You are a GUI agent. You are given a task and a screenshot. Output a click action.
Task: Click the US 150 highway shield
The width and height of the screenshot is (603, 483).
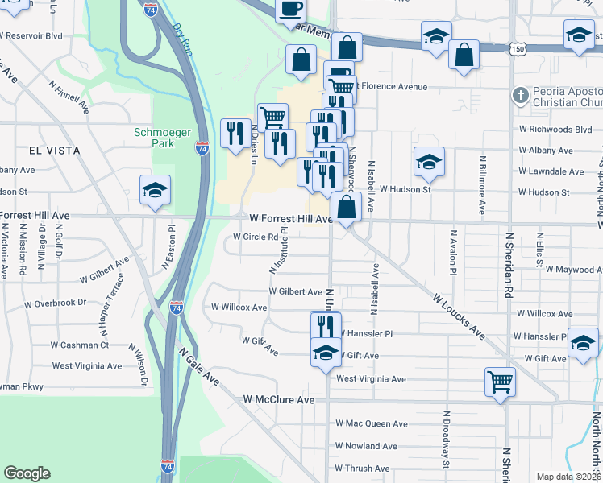click(x=518, y=50)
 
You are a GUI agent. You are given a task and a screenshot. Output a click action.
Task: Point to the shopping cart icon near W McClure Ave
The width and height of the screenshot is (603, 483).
click(x=500, y=382)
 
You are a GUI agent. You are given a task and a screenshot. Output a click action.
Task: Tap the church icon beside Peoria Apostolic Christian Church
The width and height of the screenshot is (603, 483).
click(x=521, y=96)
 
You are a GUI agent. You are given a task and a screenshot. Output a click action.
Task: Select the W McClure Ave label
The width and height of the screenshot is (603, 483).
click(x=279, y=399)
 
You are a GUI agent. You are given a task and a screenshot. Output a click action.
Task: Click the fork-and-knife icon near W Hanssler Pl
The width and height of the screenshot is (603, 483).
click(x=326, y=326)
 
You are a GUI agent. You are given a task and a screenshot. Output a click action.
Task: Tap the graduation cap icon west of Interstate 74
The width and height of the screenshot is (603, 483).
click(x=155, y=190)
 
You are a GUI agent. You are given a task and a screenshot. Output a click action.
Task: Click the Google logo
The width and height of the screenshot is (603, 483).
click(x=27, y=473)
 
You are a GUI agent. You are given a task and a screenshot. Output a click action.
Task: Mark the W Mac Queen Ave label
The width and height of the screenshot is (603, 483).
click(x=372, y=423)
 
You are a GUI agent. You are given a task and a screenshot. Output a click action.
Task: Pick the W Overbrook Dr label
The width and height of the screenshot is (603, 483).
click(x=55, y=303)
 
